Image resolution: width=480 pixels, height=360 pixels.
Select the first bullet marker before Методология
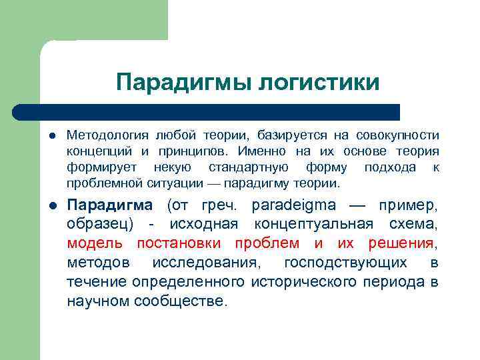click(50, 135)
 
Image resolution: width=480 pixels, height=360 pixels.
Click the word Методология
click(101, 135)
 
